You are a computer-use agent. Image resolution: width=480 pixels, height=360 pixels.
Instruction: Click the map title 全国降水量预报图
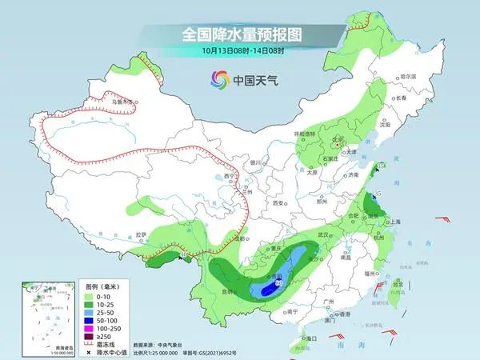point(240,34)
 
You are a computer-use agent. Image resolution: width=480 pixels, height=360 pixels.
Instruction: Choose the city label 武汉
point(324,234)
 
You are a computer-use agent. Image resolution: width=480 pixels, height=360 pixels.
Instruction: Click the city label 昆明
point(230,290)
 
